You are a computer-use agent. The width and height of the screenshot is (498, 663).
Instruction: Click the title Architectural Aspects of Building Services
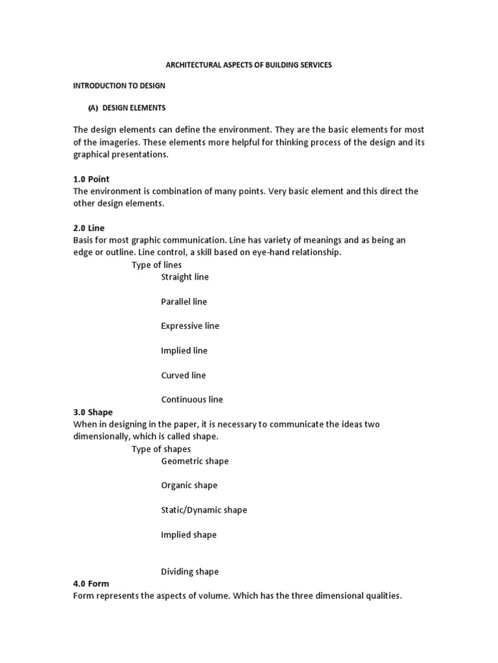[250, 65]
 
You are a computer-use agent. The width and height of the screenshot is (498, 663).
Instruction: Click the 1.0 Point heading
[91, 179]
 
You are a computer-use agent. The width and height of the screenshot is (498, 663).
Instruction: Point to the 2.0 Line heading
[89, 228]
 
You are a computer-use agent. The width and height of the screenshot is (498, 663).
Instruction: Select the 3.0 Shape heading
[93, 412]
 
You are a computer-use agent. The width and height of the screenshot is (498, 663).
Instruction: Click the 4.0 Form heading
[91, 583]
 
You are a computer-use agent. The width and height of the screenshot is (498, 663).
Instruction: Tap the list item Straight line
[185, 277]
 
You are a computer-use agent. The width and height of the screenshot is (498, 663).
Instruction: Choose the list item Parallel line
[184, 302]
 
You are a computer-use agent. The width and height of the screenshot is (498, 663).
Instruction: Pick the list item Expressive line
[190, 326]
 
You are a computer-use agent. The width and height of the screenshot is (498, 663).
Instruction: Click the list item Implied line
[184, 351]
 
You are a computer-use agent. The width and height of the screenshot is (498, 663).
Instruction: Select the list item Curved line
[184, 376]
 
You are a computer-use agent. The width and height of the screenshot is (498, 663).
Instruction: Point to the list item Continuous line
[192, 400]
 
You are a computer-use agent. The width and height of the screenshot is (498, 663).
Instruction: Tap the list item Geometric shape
[195, 461]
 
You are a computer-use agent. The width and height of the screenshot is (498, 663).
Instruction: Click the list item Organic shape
[189, 486]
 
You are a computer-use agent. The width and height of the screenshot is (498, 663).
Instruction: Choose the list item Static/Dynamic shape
[204, 510]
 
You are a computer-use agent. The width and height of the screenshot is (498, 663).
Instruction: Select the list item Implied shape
[189, 535]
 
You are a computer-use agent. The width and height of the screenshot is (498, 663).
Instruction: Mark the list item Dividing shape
[190, 572]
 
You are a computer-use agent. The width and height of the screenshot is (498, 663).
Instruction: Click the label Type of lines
[157, 265]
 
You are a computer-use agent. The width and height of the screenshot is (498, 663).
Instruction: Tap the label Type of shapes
[161, 449]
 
